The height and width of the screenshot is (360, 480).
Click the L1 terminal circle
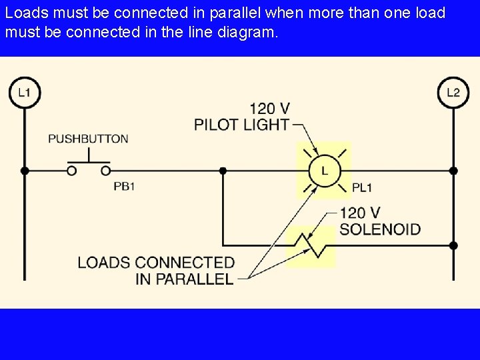tap(25, 93)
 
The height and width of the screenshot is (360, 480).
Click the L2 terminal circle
tap(453, 93)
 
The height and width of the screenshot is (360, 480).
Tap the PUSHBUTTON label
tap(88, 139)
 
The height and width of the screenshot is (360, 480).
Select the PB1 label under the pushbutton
tap(124, 187)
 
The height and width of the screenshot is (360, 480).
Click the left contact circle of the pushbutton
tap(71, 171)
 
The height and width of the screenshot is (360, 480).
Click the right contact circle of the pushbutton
tap(105, 171)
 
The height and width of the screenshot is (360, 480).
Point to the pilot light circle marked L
tap(324, 171)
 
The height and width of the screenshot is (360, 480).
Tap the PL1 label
tap(363, 188)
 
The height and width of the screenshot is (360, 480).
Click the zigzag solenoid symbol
tap(311, 245)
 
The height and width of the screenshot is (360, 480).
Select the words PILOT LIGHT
tap(242, 124)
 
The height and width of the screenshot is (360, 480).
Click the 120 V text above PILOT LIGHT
tap(270, 108)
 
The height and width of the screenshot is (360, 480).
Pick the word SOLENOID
tap(380, 229)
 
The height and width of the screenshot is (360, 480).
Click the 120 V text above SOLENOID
tap(360, 213)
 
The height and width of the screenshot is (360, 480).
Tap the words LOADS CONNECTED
tap(156, 262)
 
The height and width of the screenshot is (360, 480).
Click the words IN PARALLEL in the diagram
tap(184, 279)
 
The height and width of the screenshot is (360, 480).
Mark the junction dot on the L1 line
tap(25, 171)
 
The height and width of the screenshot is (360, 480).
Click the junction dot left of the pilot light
tap(223, 171)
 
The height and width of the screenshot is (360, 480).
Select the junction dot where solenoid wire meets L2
tap(453, 245)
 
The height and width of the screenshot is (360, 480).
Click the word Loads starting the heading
tap(25, 13)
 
